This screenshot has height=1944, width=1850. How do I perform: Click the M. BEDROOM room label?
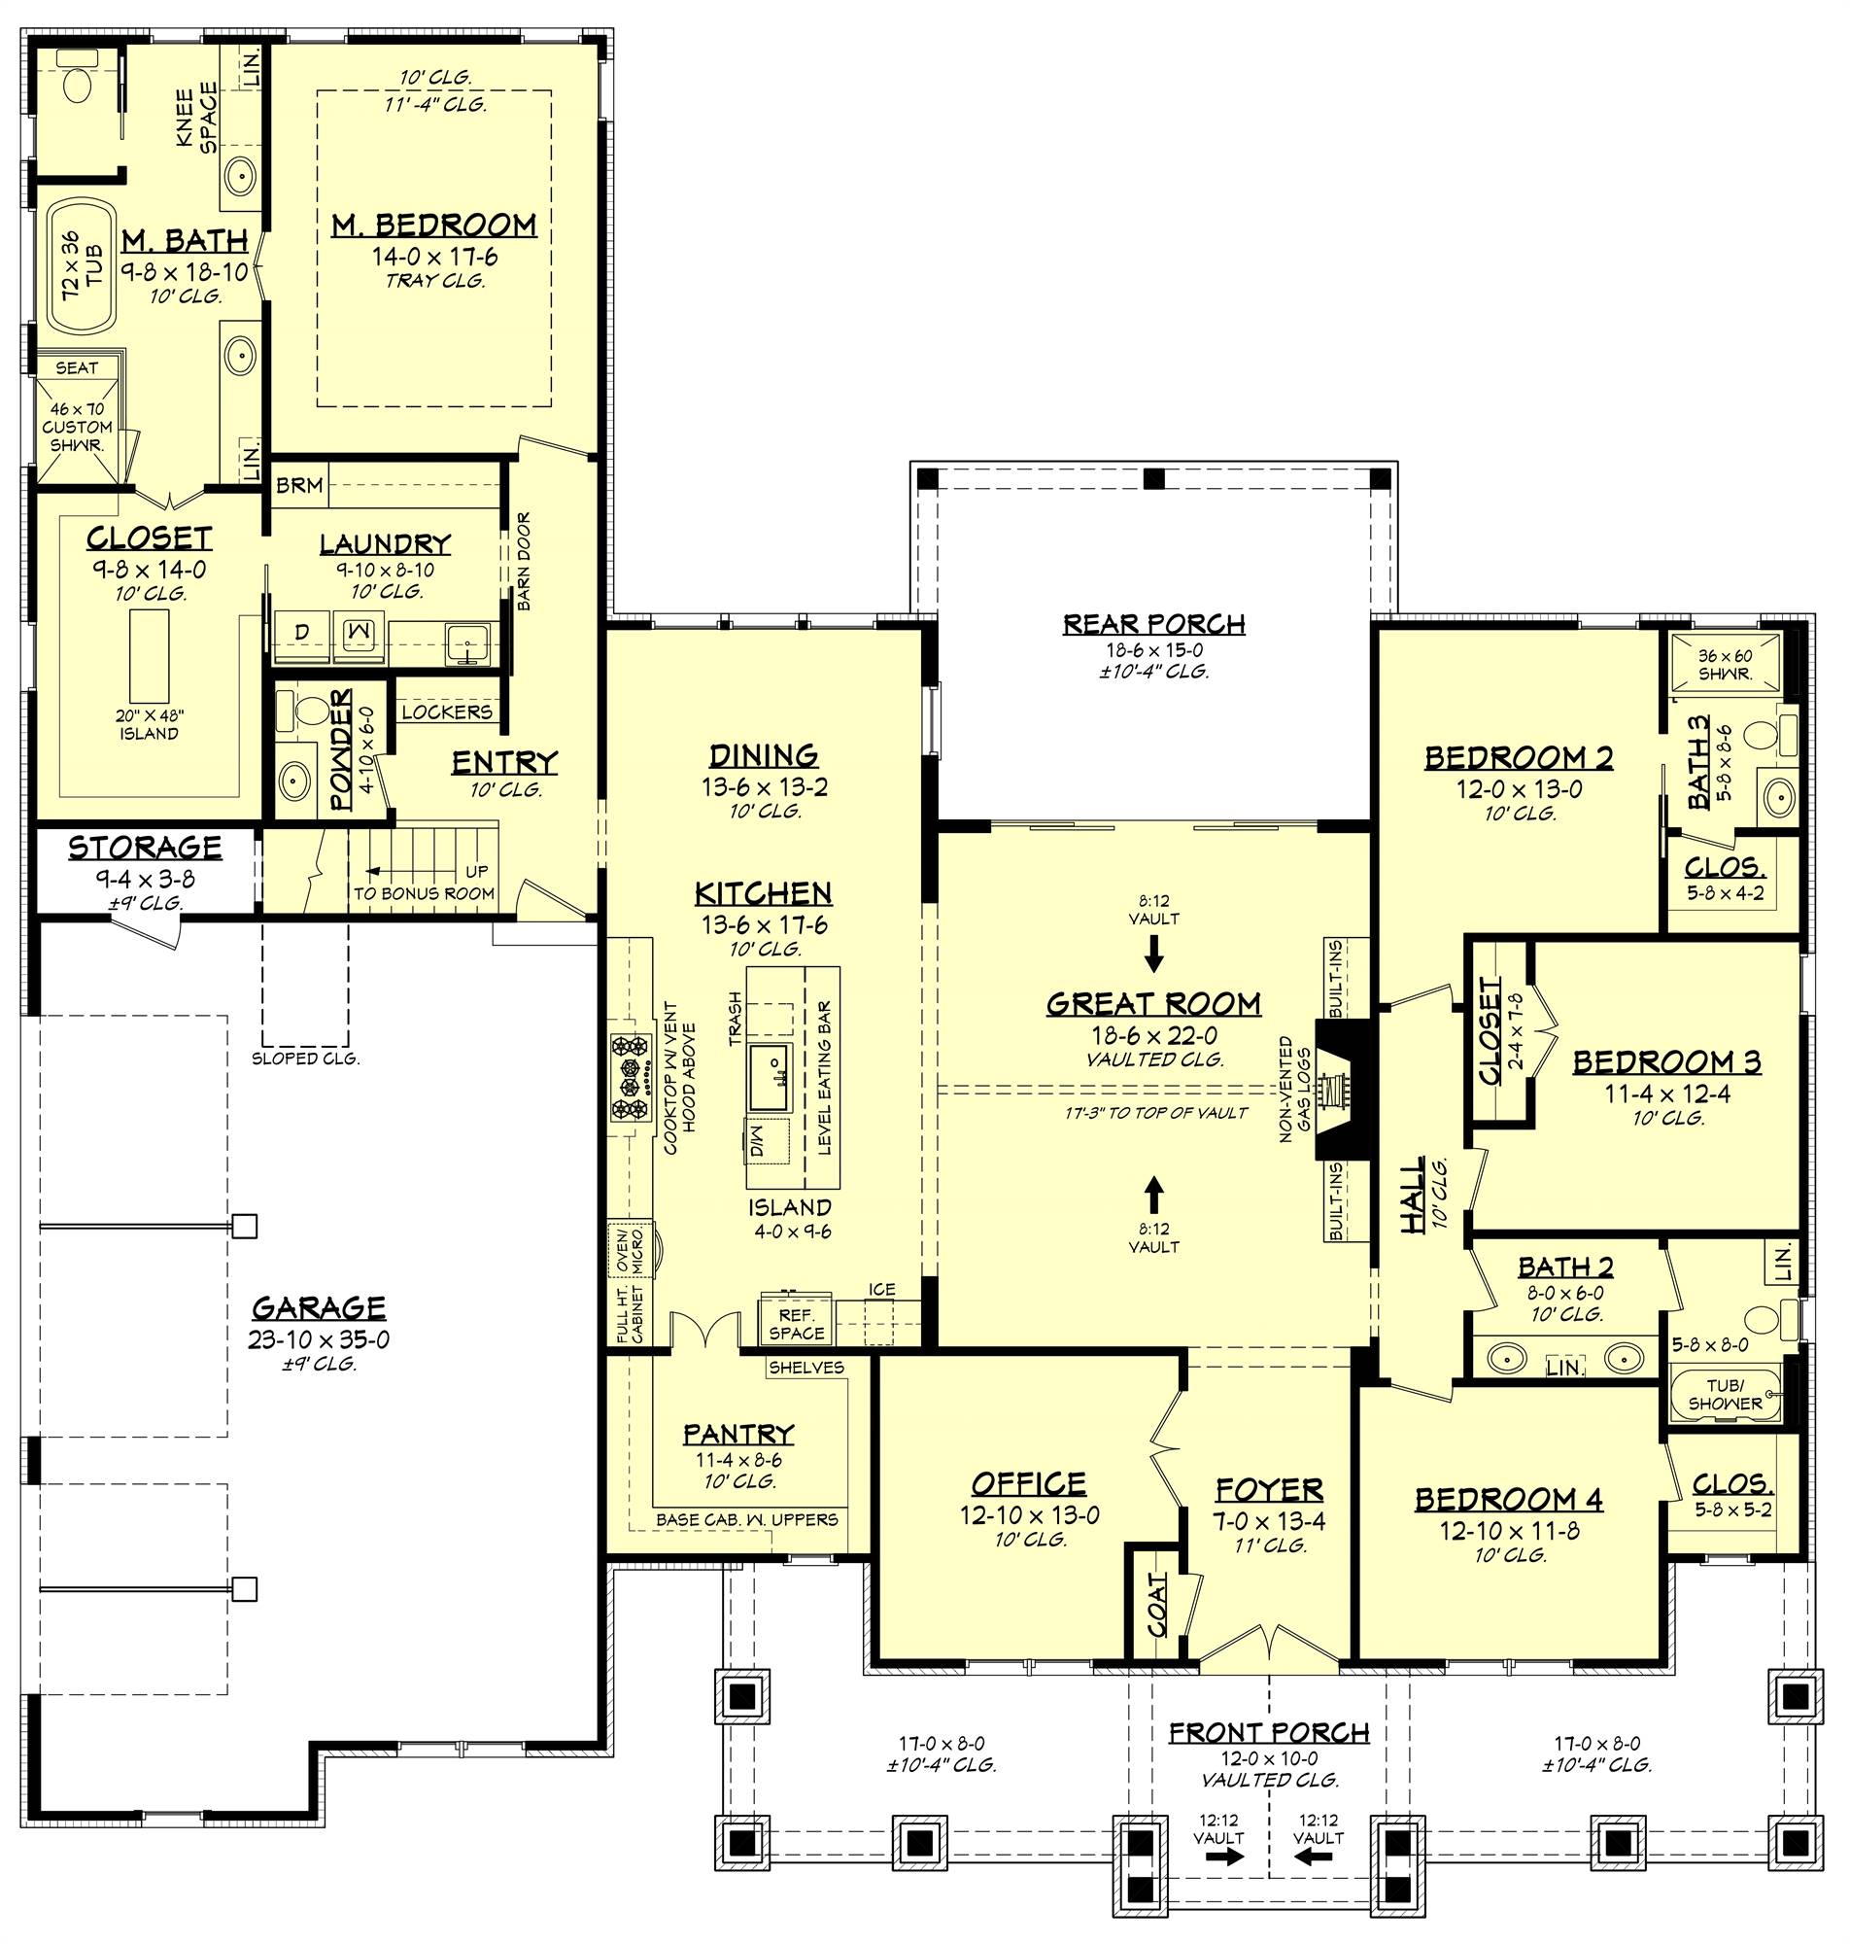[x=434, y=225]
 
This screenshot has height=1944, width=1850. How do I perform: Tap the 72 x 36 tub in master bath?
[x=79, y=266]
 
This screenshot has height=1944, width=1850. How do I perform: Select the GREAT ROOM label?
[x=1152, y=1004]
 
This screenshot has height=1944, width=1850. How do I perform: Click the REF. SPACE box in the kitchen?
[x=796, y=1325]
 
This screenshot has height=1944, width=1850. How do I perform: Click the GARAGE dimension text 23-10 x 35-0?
[x=319, y=1339]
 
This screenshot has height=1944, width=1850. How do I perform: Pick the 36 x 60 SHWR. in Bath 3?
[x=1725, y=664]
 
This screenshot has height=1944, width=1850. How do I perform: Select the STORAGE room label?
[x=145, y=848]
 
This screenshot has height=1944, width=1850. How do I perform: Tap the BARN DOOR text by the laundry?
[x=524, y=561]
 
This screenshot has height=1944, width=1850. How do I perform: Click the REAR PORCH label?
[x=1152, y=623]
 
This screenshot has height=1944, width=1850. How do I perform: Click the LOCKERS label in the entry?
[x=447, y=712]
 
